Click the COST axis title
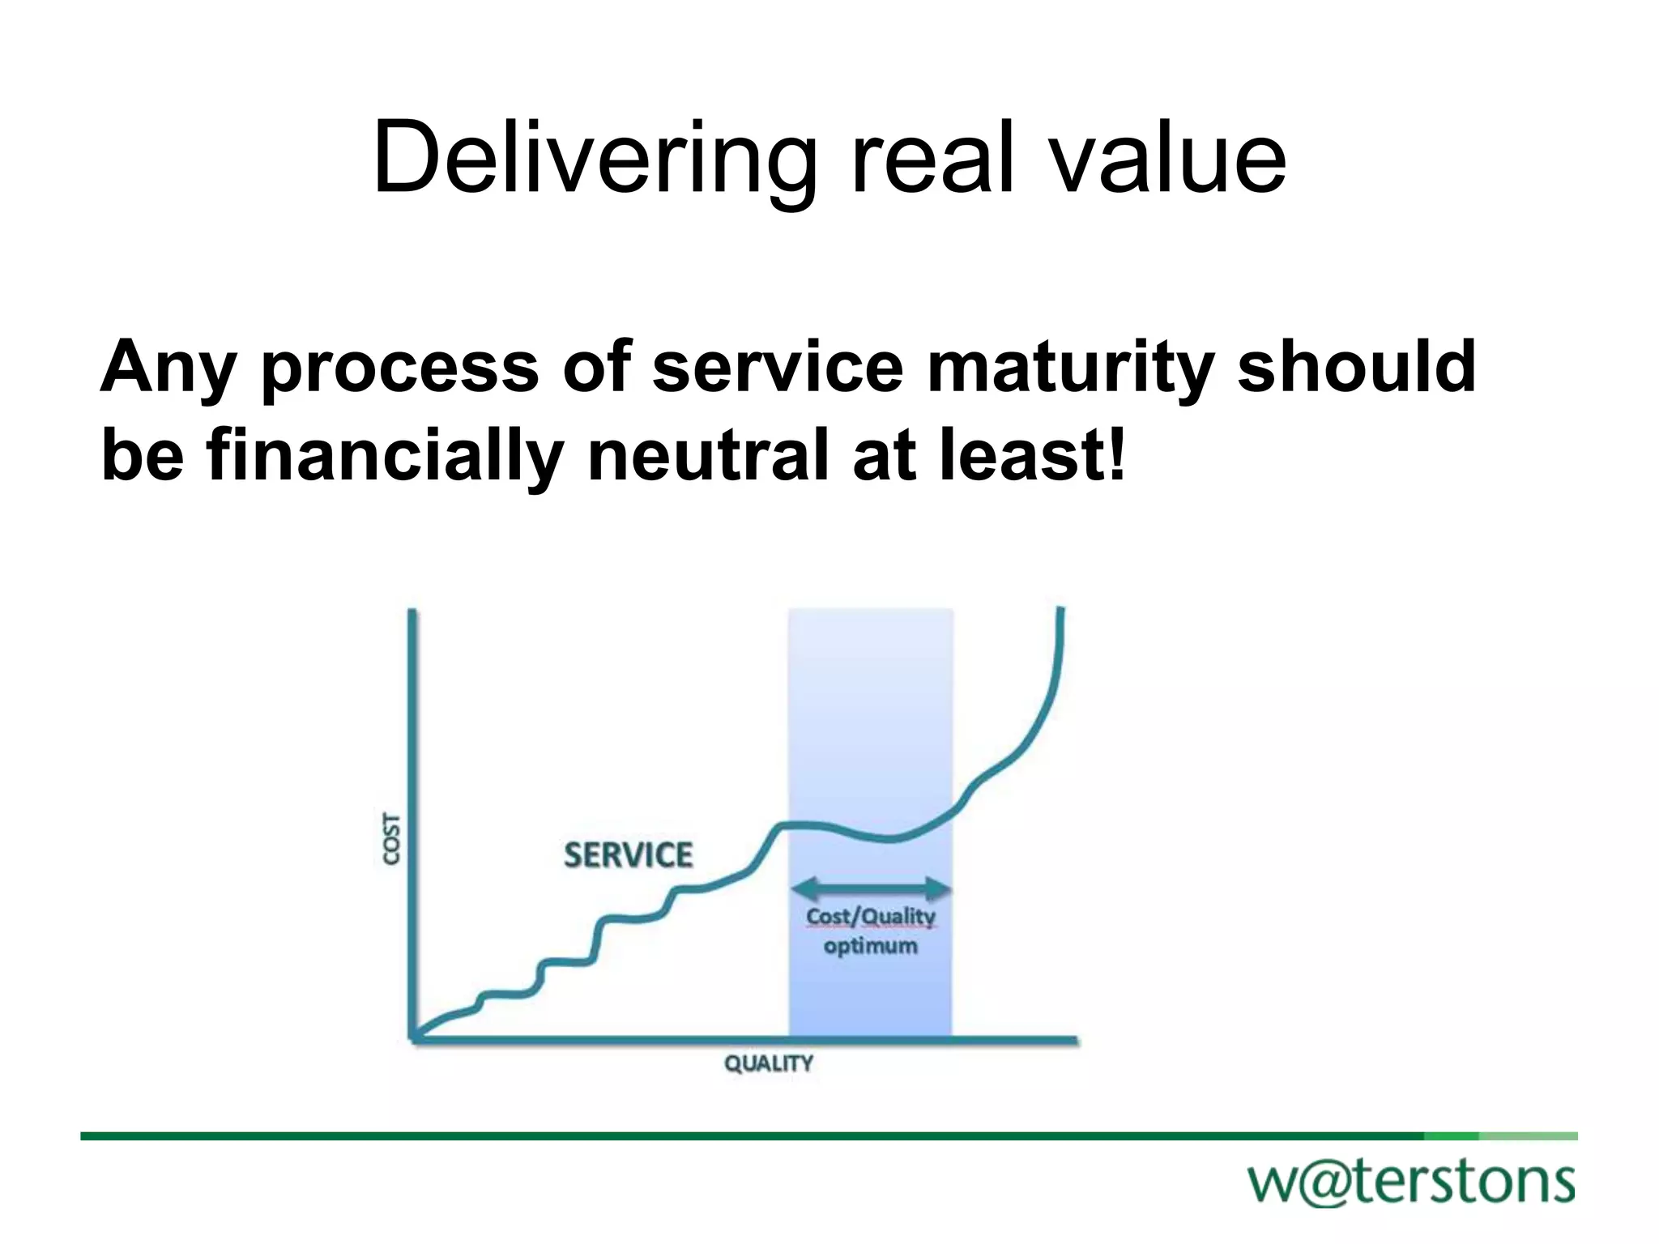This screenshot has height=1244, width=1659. [391, 840]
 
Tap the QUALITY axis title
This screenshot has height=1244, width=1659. [768, 1063]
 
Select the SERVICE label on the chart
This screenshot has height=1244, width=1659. [628, 855]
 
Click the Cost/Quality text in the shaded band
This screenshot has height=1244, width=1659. [870, 917]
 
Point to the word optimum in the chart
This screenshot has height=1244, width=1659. [870, 946]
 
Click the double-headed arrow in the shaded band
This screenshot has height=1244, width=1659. [870, 888]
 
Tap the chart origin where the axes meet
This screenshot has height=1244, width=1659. [414, 1038]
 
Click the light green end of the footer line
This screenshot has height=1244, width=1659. [1528, 1135]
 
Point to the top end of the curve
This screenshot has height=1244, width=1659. [1060, 610]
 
